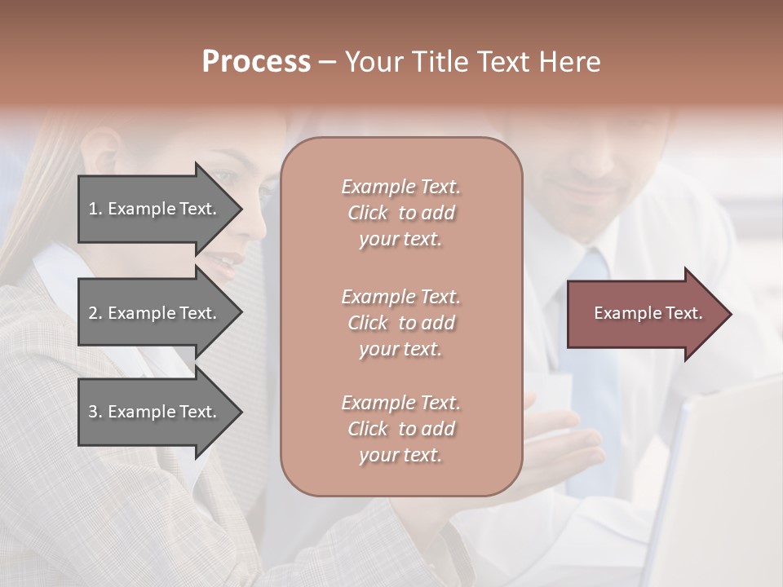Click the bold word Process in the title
pyautogui.click(x=256, y=62)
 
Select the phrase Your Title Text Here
pyautogui.click(x=472, y=62)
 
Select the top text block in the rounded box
pyautogui.click(x=400, y=213)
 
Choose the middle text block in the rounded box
pyautogui.click(x=400, y=323)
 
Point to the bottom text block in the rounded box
pyautogui.click(x=400, y=429)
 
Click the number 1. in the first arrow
pyautogui.click(x=95, y=209)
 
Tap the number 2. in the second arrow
pyautogui.click(x=95, y=313)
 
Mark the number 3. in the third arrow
pyautogui.click(x=95, y=412)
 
